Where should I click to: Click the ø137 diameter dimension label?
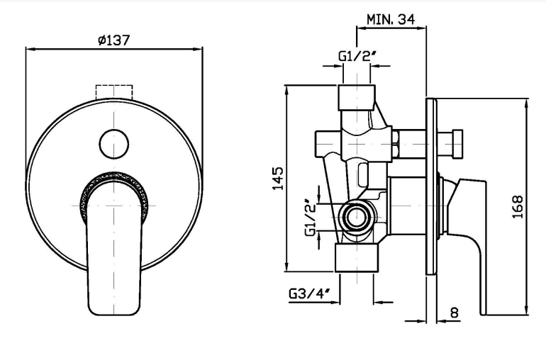click(x=114, y=40)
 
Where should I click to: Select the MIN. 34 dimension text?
click(x=391, y=19)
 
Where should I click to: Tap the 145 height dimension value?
click(x=278, y=179)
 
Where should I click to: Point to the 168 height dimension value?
click(x=518, y=207)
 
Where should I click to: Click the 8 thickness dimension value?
click(x=455, y=313)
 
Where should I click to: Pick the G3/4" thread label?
click(x=309, y=294)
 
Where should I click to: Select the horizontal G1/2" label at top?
click(x=358, y=56)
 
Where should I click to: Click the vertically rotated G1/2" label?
click(x=311, y=218)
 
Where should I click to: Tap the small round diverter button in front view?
click(x=114, y=144)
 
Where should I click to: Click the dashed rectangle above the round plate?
click(x=114, y=92)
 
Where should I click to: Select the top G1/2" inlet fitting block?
click(x=357, y=98)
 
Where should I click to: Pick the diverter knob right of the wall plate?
click(x=457, y=143)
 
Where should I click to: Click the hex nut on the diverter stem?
click(x=395, y=143)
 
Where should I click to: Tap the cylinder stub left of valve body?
click(x=328, y=143)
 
